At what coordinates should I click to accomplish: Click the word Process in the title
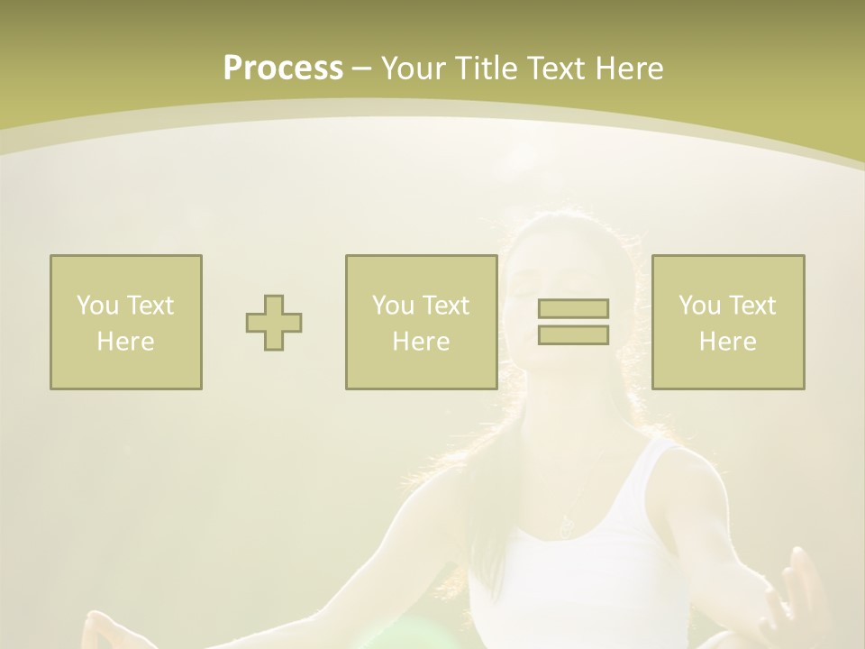[x=283, y=69]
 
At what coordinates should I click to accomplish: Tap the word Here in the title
[x=629, y=69]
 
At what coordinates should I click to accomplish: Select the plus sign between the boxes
[x=274, y=323]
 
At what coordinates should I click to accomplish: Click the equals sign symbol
[x=573, y=322]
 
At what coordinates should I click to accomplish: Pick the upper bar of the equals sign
[x=573, y=309]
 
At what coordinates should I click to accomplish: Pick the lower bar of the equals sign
[x=573, y=335]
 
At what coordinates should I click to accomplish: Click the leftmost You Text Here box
[x=126, y=322]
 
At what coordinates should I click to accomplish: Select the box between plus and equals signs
[x=422, y=322]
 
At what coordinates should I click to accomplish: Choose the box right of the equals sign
[x=728, y=322]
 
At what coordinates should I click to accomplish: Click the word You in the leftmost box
[x=94, y=306]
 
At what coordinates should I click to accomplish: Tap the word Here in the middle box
[x=422, y=342]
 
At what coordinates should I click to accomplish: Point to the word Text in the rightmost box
[x=752, y=306]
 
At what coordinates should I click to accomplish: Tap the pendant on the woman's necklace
[x=566, y=527]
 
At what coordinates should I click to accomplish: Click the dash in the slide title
[x=362, y=69]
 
